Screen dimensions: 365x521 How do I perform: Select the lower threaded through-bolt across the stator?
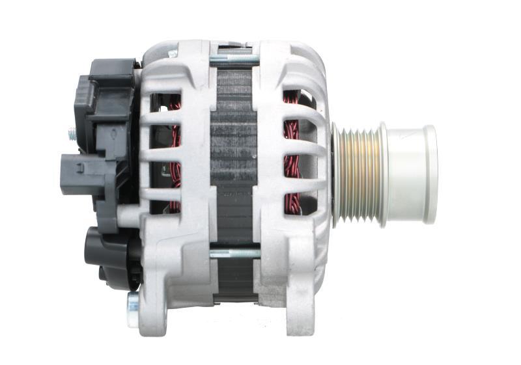coord(234,253)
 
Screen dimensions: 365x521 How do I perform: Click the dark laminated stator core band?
coord(233,156)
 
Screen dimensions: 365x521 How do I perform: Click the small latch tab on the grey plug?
coord(78,167)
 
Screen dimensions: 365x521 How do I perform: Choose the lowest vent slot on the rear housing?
coord(165,206)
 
